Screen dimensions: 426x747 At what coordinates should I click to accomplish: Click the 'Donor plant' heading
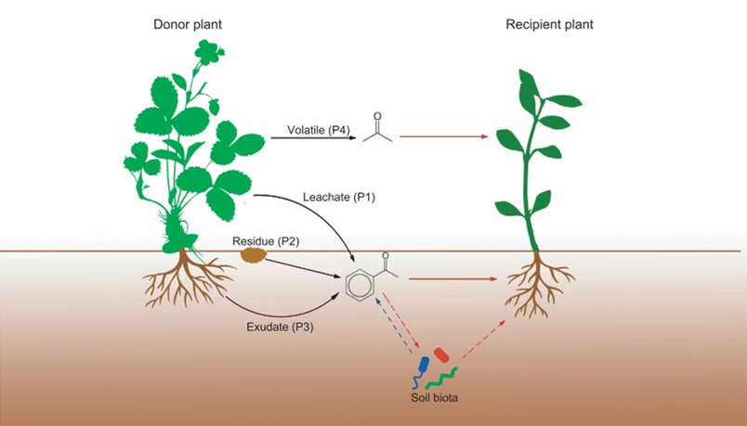[187, 25]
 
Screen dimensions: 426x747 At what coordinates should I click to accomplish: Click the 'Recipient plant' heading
[549, 25]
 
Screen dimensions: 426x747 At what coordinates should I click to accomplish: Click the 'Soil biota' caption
[436, 398]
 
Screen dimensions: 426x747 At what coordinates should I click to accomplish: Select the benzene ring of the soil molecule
[358, 284]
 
